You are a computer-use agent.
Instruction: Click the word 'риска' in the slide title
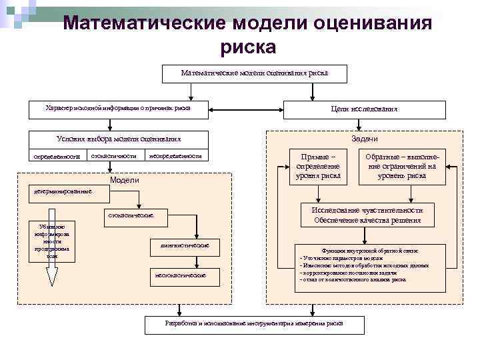point(247,47)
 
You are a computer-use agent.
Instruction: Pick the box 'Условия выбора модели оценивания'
point(118,139)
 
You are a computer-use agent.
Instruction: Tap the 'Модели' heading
point(124,181)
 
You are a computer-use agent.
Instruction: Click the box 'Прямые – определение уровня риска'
point(319,166)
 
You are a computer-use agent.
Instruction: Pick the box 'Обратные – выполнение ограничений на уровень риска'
point(402,166)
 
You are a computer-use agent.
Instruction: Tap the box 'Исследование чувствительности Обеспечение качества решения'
point(367,215)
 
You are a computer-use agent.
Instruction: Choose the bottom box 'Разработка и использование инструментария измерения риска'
point(254,324)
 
